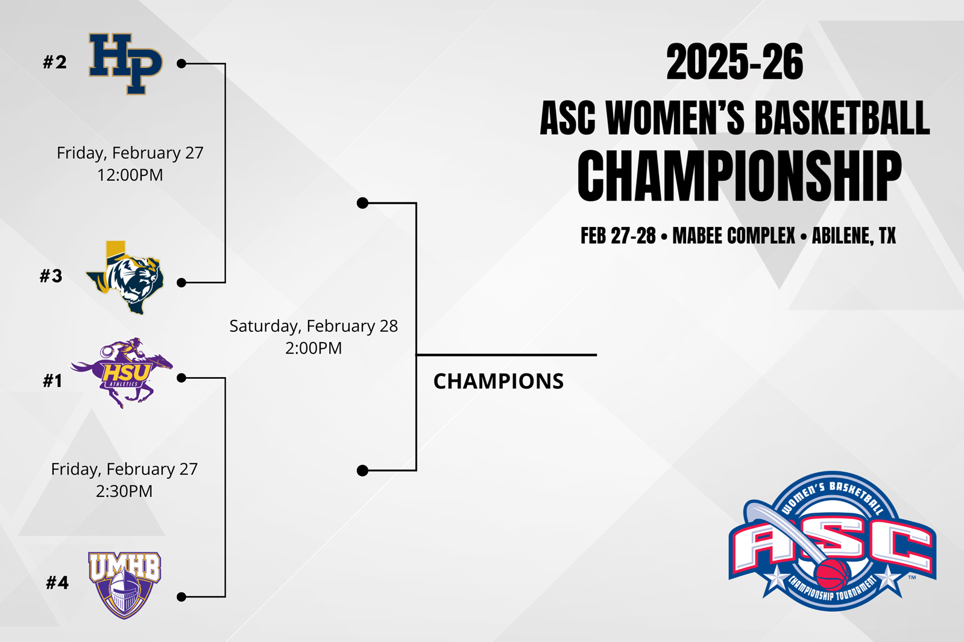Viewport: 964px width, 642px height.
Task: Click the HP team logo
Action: click(x=125, y=64)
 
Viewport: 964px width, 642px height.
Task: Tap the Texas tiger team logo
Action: click(x=125, y=278)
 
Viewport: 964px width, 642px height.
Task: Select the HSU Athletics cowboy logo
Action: click(x=122, y=373)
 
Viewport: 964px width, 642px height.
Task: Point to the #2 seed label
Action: click(x=55, y=63)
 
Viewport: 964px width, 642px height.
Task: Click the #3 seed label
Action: click(x=51, y=276)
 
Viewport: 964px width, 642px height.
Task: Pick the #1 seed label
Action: click(x=52, y=381)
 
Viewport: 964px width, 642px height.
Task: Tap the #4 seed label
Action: click(x=57, y=582)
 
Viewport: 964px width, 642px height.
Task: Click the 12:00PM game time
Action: click(x=130, y=175)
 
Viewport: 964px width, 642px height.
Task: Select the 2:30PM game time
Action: click(x=124, y=491)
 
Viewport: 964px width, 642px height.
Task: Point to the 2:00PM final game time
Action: click(x=313, y=348)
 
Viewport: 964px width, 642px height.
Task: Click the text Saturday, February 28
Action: click(x=313, y=326)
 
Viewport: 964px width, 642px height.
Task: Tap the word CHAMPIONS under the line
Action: click(x=499, y=381)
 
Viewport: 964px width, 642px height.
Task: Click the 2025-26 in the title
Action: click(x=735, y=63)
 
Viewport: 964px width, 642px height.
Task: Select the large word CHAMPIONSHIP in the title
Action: click(x=739, y=176)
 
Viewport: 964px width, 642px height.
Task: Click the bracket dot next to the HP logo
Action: click(x=181, y=64)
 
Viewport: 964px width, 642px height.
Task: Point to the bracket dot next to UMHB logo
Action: click(x=181, y=597)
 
